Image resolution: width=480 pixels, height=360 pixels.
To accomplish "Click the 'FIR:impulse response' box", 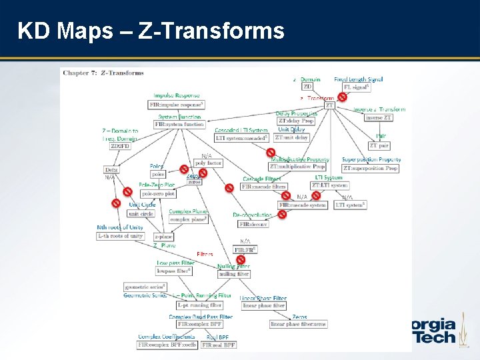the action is pos(176,105).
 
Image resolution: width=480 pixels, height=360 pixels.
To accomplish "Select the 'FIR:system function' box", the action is pos(179,124).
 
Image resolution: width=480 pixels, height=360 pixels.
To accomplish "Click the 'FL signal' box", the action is pos(356,87).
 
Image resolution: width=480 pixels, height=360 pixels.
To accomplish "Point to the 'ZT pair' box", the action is pos(379,145).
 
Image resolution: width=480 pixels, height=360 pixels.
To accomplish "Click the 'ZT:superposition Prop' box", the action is pos(371,168).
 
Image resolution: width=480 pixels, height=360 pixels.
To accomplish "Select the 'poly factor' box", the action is pos(207,163).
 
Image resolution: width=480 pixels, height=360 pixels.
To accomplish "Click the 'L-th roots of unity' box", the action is pos(121,236).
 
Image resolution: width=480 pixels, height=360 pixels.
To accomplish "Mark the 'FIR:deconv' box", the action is pos(253,224).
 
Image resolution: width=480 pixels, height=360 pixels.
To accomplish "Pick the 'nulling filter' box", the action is pos(233,274).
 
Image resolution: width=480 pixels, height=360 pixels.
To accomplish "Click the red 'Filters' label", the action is pos(205,254).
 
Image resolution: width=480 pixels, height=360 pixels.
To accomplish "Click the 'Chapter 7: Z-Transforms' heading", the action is pos(103,73).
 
